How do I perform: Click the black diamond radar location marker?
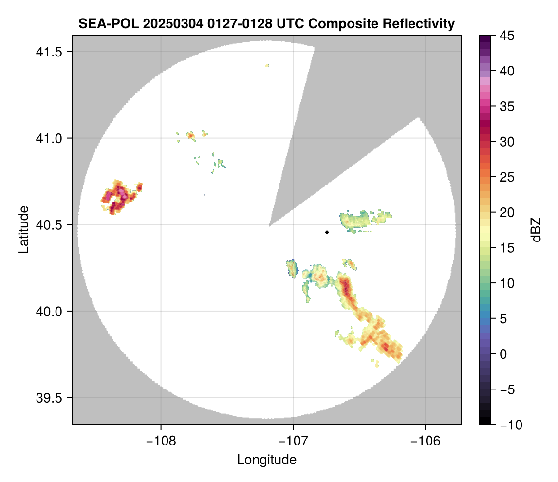tap(327, 232)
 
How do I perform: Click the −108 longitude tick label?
tap(160, 441)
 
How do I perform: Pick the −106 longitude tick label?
tap(426, 441)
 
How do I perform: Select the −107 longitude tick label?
tap(293, 441)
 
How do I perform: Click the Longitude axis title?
tap(267, 460)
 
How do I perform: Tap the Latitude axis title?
tap(23, 229)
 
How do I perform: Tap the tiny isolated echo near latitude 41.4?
tap(267, 65)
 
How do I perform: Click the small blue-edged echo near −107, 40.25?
tap(292, 268)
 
